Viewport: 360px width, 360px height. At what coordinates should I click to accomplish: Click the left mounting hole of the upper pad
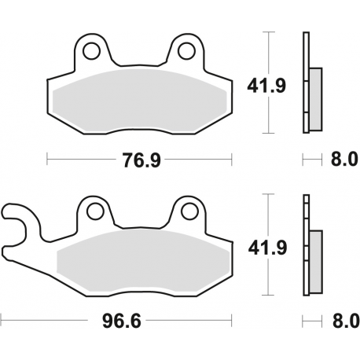(x=92, y=52)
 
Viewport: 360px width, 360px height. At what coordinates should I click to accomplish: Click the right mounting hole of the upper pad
(x=186, y=52)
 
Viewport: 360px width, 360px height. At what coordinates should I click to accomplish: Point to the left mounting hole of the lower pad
(x=94, y=211)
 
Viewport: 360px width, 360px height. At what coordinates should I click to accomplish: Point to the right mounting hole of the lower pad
(x=189, y=211)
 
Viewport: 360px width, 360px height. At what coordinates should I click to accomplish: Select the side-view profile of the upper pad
(x=310, y=85)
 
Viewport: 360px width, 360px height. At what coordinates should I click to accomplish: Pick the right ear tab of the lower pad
(x=189, y=210)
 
